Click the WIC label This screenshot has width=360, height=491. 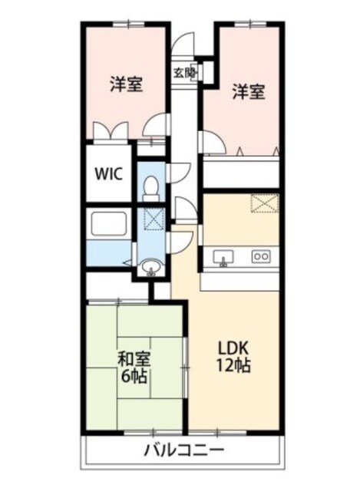coord(109,173)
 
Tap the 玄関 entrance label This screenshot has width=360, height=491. coord(184,73)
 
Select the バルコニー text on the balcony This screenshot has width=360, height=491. coord(183,450)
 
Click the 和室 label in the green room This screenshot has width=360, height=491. coord(134,358)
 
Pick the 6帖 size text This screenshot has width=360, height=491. coord(134,377)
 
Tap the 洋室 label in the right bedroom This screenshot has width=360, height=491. coord(249,91)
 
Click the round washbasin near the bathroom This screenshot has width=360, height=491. coord(151,267)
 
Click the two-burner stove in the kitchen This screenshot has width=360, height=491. coord(261,256)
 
